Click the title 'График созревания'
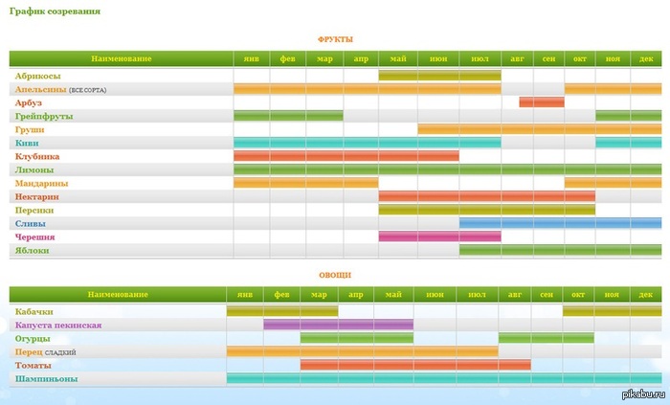click(55, 11)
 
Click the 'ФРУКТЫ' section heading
click(335, 39)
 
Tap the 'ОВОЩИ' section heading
click(335, 275)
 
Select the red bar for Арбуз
click(542, 102)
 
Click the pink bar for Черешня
click(439, 236)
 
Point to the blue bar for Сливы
click(560, 223)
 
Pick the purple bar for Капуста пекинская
click(339, 325)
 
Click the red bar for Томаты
click(415, 365)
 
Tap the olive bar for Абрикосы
click(439, 76)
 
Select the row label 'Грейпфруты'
click(44, 116)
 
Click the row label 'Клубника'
click(37, 156)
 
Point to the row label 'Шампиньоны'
click(47, 379)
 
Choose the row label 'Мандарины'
click(41, 183)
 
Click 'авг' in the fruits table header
click(517, 59)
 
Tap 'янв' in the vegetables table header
click(245, 295)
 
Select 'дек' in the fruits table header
click(646, 59)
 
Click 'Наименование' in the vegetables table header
click(118, 295)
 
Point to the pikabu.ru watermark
click(644, 394)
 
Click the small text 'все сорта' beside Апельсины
click(88, 90)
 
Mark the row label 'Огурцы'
click(33, 339)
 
